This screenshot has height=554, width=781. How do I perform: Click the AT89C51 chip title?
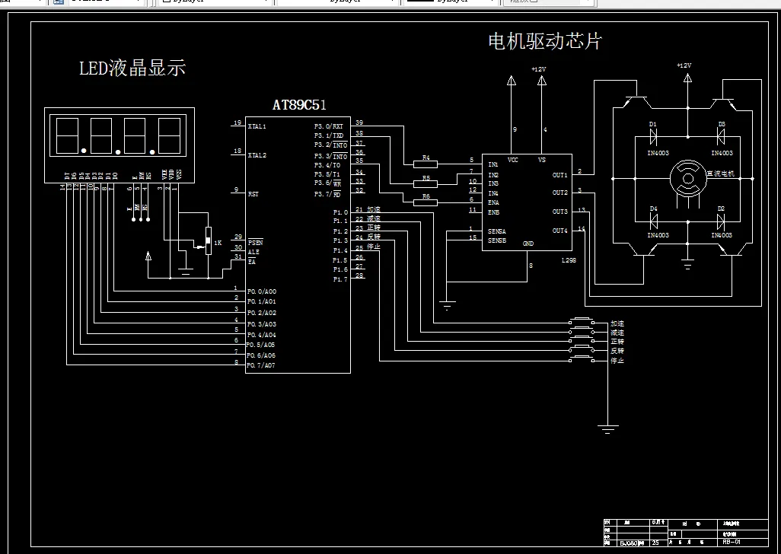pyautogui.click(x=299, y=105)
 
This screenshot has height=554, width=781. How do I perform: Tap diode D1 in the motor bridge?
pyautogui.click(x=653, y=137)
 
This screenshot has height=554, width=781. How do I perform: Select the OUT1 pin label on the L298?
pyautogui.click(x=559, y=175)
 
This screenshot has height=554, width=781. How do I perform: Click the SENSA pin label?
pyautogui.click(x=497, y=231)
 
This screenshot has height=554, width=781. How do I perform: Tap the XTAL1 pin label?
pyautogui.click(x=257, y=126)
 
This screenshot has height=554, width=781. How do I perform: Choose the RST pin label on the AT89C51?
pyautogui.click(x=253, y=194)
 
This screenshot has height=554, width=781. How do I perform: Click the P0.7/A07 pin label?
pyautogui.click(x=260, y=366)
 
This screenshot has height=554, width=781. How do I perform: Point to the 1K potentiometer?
pyautogui.click(x=208, y=242)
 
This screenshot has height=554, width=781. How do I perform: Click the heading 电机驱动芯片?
pyautogui.click(x=544, y=41)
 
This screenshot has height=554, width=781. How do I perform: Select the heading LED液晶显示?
pyautogui.click(x=132, y=68)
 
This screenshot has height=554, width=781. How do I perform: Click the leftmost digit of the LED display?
pyautogui.click(x=67, y=135)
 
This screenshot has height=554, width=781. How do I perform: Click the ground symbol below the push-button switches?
pyautogui.click(x=607, y=428)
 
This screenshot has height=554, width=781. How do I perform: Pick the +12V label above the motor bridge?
pyautogui.click(x=684, y=66)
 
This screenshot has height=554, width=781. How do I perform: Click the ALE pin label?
pyautogui.click(x=253, y=251)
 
